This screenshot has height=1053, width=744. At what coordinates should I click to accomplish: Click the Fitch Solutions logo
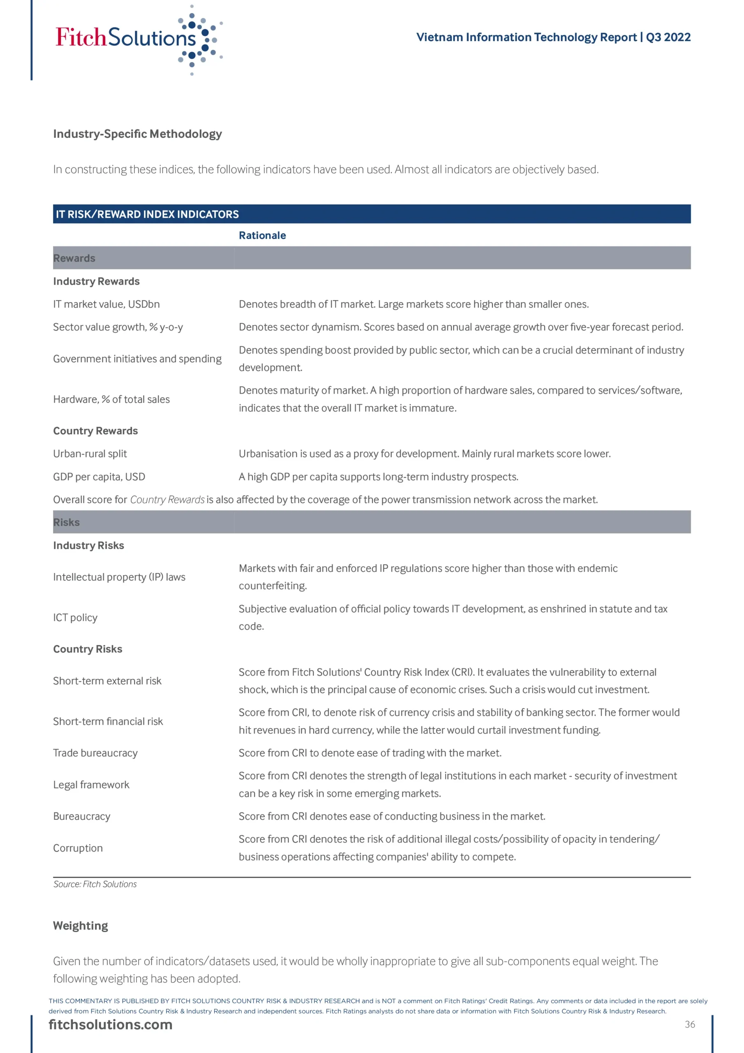tap(138, 39)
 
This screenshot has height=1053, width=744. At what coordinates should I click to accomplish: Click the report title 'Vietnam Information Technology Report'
tap(527, 37)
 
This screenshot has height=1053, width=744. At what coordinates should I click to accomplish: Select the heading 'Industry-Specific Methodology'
tap(138, 134)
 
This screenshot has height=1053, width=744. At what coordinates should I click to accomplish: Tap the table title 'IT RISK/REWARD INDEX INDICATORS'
tap(147, 214)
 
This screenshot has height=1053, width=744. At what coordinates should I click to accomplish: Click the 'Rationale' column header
tap(262, 235)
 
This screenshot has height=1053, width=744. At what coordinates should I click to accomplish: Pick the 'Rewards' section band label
tap(74, 258)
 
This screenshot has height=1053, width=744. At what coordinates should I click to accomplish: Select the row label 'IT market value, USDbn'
tap(106, 304)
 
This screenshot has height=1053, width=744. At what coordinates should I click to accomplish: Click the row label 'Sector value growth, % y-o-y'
tap(118, 327)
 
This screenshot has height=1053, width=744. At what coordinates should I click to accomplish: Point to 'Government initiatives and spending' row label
tap(137, 359)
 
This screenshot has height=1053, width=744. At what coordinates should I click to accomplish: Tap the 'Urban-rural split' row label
tap(90, 454)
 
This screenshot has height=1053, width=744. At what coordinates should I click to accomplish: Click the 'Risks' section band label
tap(67, 522)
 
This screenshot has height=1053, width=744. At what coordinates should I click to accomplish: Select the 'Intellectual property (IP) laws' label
tap(119, 577)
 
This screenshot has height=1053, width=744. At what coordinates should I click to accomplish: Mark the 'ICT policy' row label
tap(75, 617)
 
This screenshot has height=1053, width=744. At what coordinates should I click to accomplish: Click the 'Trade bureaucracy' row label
tap(95, 753)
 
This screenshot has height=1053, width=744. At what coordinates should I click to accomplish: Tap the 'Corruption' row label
tap(78, 848)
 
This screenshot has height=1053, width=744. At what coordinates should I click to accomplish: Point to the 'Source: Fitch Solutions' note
tap(95, 884)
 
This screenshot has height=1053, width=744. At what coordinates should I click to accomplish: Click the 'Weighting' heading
tap(81, 926)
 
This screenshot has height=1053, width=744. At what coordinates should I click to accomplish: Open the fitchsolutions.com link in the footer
tap(111, 1025)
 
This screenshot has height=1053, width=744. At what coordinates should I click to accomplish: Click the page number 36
tap(690, 1025)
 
